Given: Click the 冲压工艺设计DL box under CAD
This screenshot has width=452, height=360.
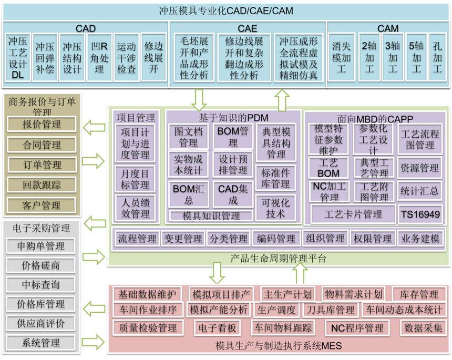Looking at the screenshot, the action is point(17,57).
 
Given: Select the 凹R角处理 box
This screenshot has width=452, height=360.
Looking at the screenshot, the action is point(99,57).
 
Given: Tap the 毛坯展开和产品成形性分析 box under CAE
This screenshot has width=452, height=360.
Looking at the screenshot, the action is point(194,58).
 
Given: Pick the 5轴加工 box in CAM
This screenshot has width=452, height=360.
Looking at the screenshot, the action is point(416,57).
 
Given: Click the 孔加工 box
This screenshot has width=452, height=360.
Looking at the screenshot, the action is point(437,57).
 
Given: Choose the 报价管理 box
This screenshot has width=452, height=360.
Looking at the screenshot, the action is point(42,124).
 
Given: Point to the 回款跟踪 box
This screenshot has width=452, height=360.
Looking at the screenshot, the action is point(42,185).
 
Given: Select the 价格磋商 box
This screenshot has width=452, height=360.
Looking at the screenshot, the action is point(40,265).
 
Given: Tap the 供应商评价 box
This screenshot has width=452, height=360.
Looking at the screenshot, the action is point(40,323).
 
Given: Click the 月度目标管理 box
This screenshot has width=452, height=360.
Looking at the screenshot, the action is point(135,179).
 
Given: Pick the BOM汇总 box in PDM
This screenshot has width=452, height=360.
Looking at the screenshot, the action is point(189,194).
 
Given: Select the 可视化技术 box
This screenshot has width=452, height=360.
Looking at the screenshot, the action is point(275,208).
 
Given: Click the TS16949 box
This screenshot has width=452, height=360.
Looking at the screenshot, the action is point(420,214).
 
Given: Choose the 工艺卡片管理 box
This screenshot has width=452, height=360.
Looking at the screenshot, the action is point(353,214).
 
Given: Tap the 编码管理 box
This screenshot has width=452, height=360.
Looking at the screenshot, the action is point(276,239).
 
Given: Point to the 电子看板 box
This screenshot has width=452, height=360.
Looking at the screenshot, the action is point(218,328).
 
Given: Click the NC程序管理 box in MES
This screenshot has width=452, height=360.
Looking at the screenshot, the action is point(357,328).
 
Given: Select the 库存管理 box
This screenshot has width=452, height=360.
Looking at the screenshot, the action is point(419,294).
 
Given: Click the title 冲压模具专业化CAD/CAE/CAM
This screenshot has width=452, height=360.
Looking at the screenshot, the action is point(226,11).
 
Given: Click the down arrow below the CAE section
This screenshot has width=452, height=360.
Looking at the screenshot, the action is point(199,100).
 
